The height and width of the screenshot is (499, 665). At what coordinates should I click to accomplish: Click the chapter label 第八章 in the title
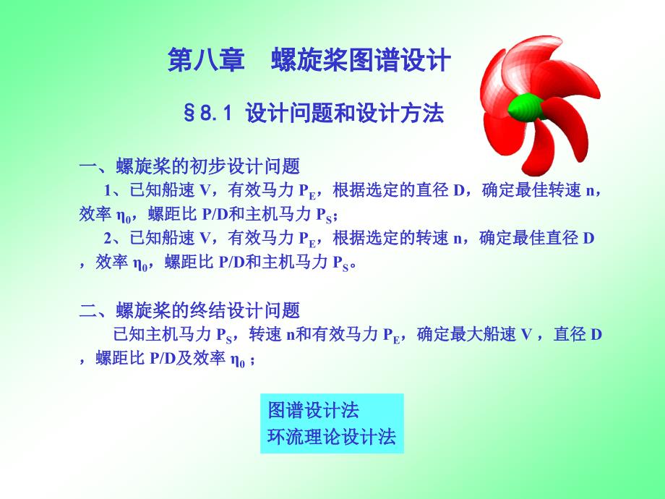coord(206,59)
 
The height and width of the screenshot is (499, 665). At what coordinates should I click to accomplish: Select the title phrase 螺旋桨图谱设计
coord(361,59)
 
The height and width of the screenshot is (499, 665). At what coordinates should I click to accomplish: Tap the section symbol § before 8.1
coord(189,114)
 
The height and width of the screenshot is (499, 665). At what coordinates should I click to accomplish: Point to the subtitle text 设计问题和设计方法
coord(344,114)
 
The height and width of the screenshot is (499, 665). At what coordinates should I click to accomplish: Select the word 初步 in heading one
coord(208,166)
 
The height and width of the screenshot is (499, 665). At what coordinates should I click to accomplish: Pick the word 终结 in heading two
coord(208,310)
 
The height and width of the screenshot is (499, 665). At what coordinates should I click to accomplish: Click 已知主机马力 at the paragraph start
coord(162,334)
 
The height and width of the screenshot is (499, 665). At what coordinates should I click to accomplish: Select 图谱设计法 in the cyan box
coord(314,410)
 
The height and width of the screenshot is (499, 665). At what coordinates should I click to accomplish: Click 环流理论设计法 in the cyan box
coord(332,437)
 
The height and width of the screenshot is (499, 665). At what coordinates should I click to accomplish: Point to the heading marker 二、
coord(97,311)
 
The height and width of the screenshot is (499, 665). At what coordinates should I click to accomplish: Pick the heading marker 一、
coord(97,167)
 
